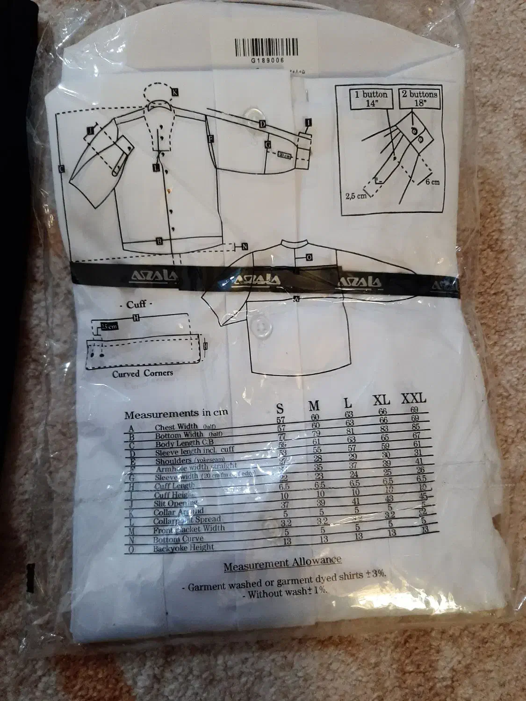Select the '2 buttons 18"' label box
point(420,99)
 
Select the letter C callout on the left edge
point(62,169)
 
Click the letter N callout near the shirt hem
point(244,246)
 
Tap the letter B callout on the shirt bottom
point(159,241)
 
